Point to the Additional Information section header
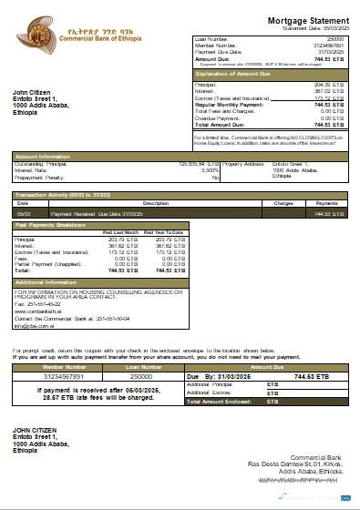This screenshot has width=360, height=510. point(46,282)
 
